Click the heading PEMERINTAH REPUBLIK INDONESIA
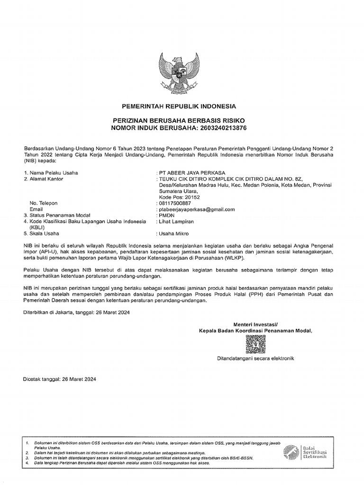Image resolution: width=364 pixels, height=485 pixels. point(179,106)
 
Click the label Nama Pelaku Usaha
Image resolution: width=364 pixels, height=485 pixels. point(54,172)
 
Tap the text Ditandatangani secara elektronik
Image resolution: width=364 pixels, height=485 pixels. point(255,359)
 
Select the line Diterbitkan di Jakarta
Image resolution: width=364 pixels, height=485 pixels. point(76,313)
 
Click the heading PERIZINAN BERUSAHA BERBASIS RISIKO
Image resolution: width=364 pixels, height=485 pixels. point(179,122)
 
